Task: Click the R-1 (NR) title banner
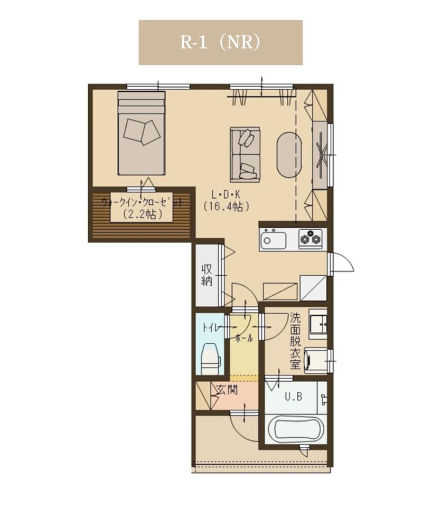221,42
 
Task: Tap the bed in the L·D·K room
142,133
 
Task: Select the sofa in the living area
245,155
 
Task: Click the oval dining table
289,155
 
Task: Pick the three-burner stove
311,239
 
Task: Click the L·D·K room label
226,195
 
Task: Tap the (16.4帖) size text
226,206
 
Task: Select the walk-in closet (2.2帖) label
142,208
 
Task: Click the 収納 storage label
207,275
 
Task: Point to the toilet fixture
211,358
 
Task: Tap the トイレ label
211,328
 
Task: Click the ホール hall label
244,339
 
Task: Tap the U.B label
293,397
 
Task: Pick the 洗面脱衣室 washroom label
295,341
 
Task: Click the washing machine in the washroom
316,360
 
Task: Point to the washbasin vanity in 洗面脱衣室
318,324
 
